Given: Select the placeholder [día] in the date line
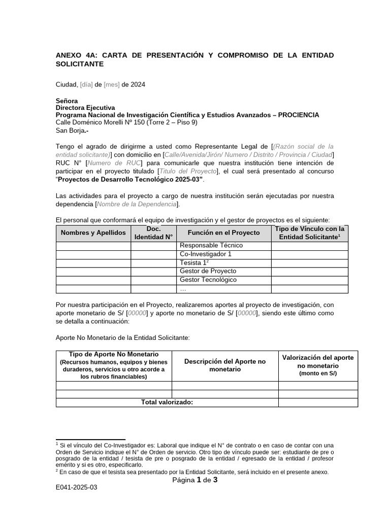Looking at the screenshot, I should [86, 84].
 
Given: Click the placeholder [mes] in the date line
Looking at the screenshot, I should [112, 84].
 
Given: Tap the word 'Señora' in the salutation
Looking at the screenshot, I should [67, 101].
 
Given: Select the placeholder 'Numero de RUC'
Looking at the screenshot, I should [114, 163].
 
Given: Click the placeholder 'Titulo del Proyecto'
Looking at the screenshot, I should [188, 171].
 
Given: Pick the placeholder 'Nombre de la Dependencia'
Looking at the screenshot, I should [137, 204].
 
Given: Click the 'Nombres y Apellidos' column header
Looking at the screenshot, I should [93, 233].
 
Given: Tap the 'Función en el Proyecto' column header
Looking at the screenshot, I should [223, 233].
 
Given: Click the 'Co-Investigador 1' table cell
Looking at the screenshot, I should [206, 254].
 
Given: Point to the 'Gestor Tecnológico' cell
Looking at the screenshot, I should [208, 280].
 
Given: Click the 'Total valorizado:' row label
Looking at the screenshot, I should [167, 402].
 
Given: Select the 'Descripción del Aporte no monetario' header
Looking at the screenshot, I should [224, 365].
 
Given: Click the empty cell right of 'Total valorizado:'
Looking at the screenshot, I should [318, 402].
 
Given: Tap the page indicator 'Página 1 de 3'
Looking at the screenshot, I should [195, 480].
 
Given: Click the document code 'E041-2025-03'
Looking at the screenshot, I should [76, 487].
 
